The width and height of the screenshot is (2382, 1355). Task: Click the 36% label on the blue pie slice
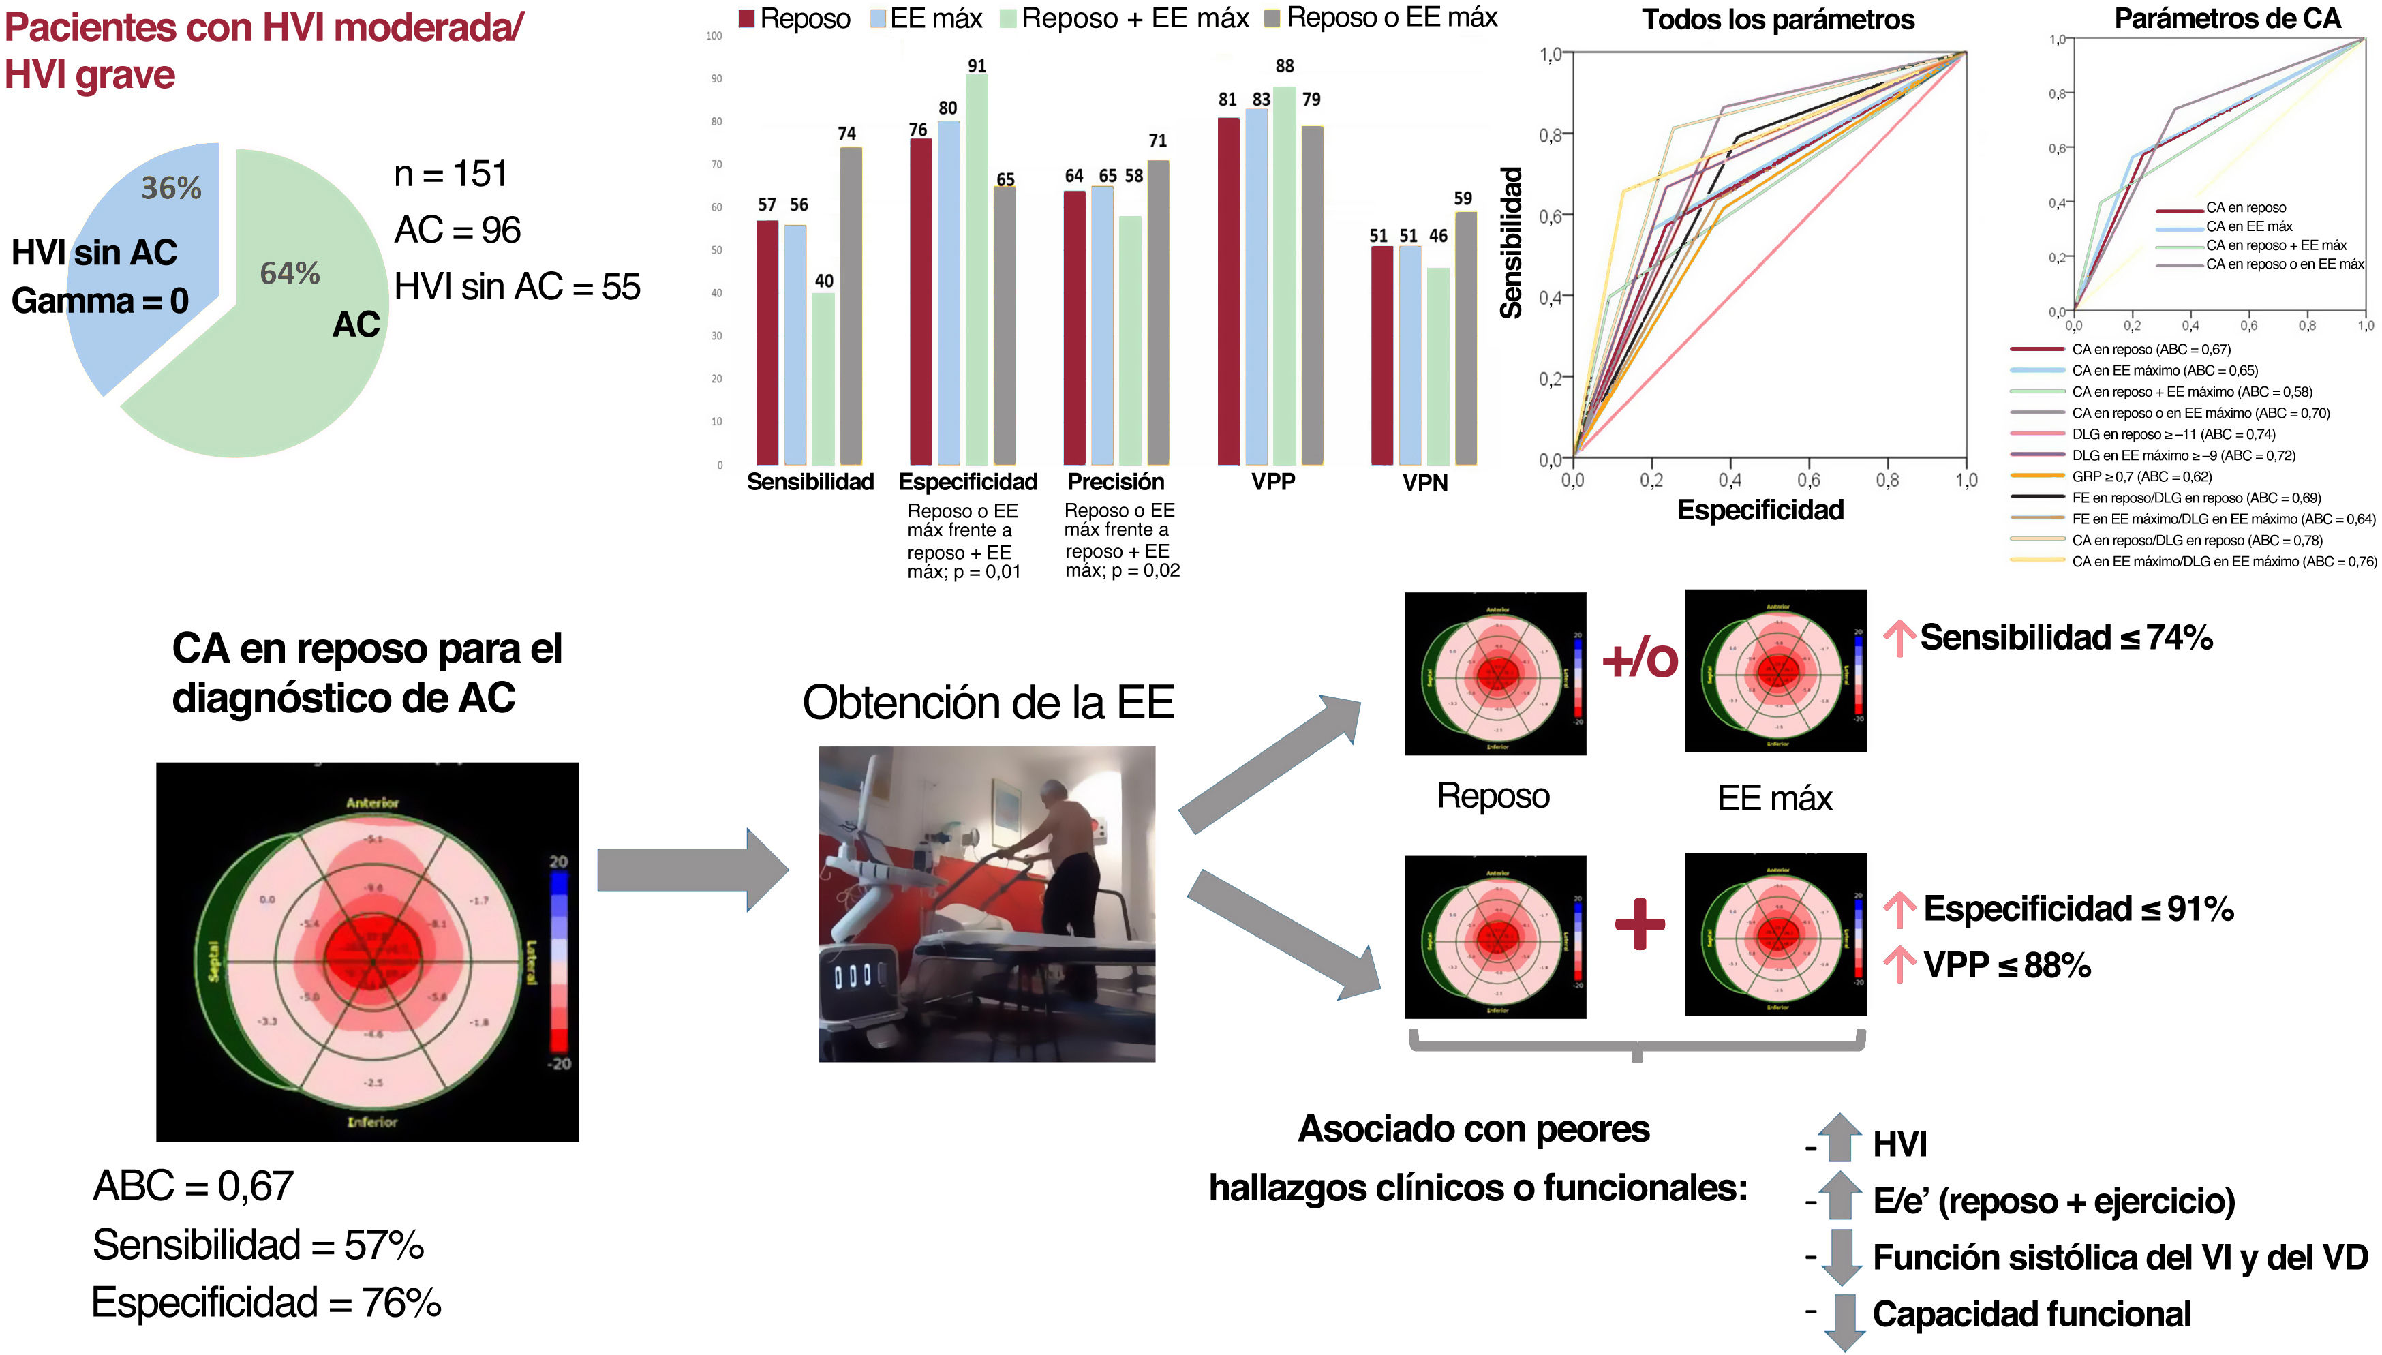tap(171, 188)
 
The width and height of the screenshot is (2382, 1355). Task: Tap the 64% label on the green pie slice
tap(290, 273)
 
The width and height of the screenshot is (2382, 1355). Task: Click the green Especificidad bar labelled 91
tap(976, 270)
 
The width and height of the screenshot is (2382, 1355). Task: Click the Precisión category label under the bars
tap(1116, 482)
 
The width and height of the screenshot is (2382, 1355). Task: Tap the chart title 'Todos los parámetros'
tap(1777, 20)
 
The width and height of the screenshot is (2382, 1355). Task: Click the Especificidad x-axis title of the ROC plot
tap(1760, 510)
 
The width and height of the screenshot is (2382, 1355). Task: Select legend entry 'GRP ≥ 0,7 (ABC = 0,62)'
tap(2141, 476)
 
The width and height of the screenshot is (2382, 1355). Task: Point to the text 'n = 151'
tap(451, 174)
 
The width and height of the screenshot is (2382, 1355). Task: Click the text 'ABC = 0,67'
tap(194, 1186)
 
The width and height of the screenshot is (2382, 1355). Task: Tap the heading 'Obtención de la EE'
tap(988, 703)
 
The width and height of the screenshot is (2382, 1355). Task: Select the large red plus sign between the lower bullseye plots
tap(1640, 924)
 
